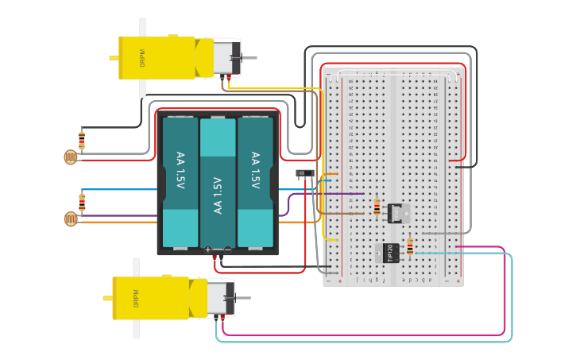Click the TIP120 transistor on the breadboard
pos(390,252)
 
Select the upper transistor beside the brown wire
pos(397,212)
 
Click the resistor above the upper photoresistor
pos(81,141)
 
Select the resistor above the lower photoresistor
pos(82,200)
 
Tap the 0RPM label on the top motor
pos(142,58)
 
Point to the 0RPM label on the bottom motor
pos(136,298)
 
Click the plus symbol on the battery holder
pos(208,250)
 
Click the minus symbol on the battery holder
pos(227,250)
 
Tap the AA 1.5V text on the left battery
pos(180,170)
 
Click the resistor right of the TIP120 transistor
pos(410,248)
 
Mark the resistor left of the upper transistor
pos(377,207)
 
